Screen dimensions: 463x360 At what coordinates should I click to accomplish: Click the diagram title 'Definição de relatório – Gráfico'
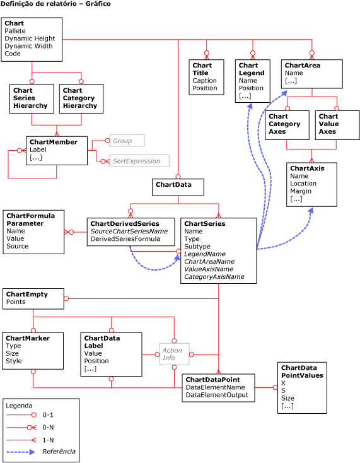click(55, 4)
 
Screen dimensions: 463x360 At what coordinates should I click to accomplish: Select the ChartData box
click(177, 187)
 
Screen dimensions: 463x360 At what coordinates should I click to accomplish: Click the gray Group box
click(127, 141)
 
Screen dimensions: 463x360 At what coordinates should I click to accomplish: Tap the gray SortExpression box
click(139, 161)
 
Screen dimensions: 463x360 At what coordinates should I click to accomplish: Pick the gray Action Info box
click(174, 354)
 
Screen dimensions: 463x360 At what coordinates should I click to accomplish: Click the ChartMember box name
click(54, 142)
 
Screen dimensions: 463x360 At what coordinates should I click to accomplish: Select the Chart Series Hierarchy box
click(32, 98)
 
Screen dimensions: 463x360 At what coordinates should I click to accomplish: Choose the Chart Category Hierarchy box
click(81, 98)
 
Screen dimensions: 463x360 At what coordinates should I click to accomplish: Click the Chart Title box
click(206, 77)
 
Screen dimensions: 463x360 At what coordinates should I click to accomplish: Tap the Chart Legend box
click(253, 80)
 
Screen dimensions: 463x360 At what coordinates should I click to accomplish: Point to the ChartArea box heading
click(302, 65)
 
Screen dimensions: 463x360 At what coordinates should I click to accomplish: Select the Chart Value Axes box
click(337, 125)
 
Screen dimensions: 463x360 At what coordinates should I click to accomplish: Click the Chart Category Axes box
click(287, 125)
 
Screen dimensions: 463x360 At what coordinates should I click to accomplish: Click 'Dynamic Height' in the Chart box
click(30, 38)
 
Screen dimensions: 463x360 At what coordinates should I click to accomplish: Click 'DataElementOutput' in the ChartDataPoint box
click(216, 395)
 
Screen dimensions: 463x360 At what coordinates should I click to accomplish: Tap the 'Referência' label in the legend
click(59, 452)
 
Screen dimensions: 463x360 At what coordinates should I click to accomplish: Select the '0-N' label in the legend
click(48, 427)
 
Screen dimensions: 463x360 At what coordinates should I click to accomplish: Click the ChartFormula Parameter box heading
click(30, 220)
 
